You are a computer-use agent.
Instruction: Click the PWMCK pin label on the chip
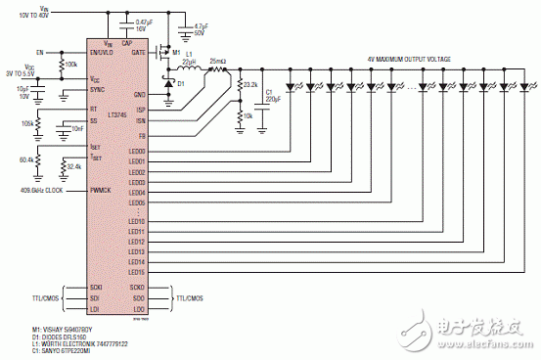(98, 191)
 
